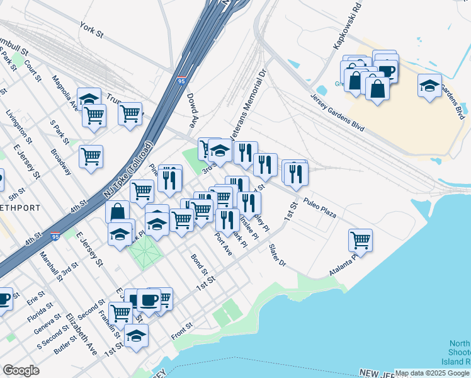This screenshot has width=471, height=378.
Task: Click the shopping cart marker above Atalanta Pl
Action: pyautogui.click(x=360, y=239)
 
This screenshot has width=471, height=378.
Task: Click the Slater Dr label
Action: pyautogui.click(x=277, y=255)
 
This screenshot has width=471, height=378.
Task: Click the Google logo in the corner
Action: pyautogui.click(x=21, y=370)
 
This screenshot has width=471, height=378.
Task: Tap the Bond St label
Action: pyautogui.click(x=200, y=265)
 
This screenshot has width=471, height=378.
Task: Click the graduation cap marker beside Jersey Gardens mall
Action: pyautogui.click(x=431, y=86)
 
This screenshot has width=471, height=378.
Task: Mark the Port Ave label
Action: pyautogui.click(x=223, y=244)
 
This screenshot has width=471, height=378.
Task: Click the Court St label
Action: pyautogui.click(x=33, y=71)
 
